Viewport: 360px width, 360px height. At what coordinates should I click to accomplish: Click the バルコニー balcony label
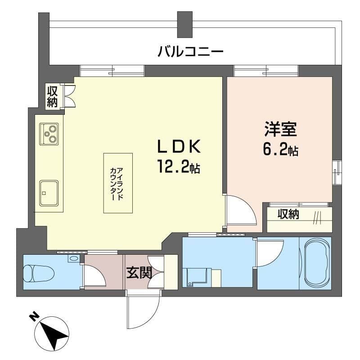(x=190, y=51)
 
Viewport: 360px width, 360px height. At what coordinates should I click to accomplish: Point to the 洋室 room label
(x=280, y=130)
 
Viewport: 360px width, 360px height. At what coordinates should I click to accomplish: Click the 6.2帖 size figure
(x=280, y=150)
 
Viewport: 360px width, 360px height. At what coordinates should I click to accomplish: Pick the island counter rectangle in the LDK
(x=118, y=183)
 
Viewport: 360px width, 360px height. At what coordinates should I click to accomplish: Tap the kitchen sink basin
(x=49, y=193)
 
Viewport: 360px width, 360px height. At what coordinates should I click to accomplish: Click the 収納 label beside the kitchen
(x=53, y=96)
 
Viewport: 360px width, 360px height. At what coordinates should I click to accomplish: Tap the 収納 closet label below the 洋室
(x=288, y=215)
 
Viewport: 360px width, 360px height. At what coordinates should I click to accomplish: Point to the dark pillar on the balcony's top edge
(x=184, y=25)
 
